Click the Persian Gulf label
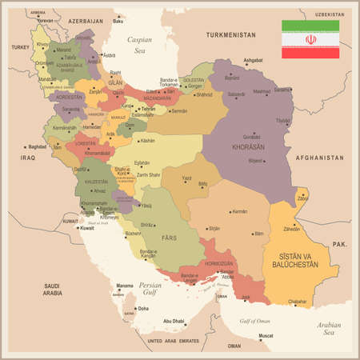click(x=150, y=289)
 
